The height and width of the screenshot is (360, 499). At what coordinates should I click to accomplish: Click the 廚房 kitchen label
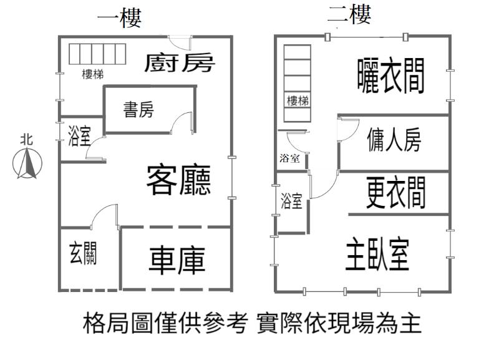point(180,63)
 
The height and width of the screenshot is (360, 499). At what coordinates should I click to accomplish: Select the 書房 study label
point(138,110)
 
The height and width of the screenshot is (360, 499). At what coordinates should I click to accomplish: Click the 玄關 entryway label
point(83,254)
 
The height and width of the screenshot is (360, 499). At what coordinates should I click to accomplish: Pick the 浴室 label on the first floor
point(79,137)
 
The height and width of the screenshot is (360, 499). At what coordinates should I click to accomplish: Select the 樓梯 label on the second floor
point(297,100)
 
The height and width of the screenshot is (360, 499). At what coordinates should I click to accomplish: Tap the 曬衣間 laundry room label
point(391,77)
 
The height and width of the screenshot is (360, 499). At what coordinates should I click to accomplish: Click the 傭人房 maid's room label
point(394,141)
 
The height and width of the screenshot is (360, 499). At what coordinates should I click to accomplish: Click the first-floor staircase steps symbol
point(97,54)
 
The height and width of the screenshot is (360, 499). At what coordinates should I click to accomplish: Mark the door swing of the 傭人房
point(346,129)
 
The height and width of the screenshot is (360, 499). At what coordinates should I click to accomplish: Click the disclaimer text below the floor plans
point(252,324)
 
